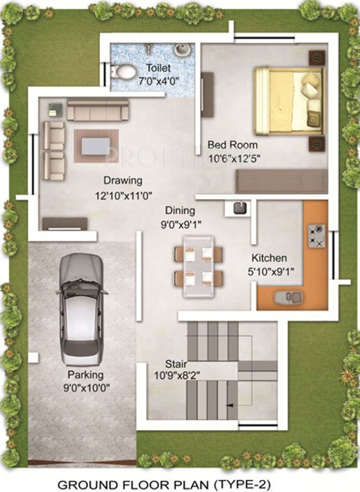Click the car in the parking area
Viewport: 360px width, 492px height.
pos(81,308)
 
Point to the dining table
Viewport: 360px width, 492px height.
pos(199,266)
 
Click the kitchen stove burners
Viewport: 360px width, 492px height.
pos(316,235)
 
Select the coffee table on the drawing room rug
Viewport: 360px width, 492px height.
pos(95,143)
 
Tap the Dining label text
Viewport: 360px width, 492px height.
pos(180,210)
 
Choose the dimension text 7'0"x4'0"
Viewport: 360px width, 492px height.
pos(158,82)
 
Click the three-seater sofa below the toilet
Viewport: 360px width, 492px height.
pos(98,110)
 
